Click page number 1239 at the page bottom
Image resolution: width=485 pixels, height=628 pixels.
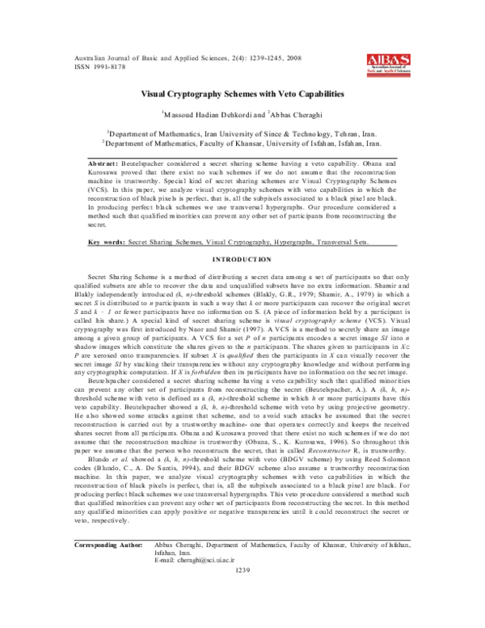[x=243, y=617]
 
